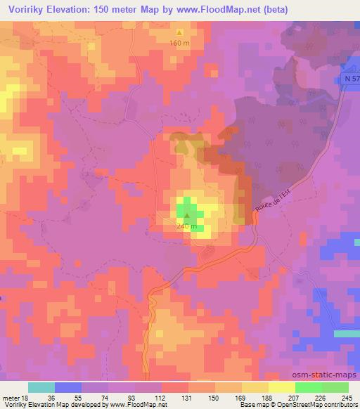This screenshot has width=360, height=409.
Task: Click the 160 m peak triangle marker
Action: point(179,32)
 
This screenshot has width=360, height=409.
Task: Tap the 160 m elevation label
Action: point(179,43)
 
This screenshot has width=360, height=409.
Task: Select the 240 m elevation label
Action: point(186,227)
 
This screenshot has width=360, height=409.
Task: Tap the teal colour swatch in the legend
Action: point(41,388)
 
